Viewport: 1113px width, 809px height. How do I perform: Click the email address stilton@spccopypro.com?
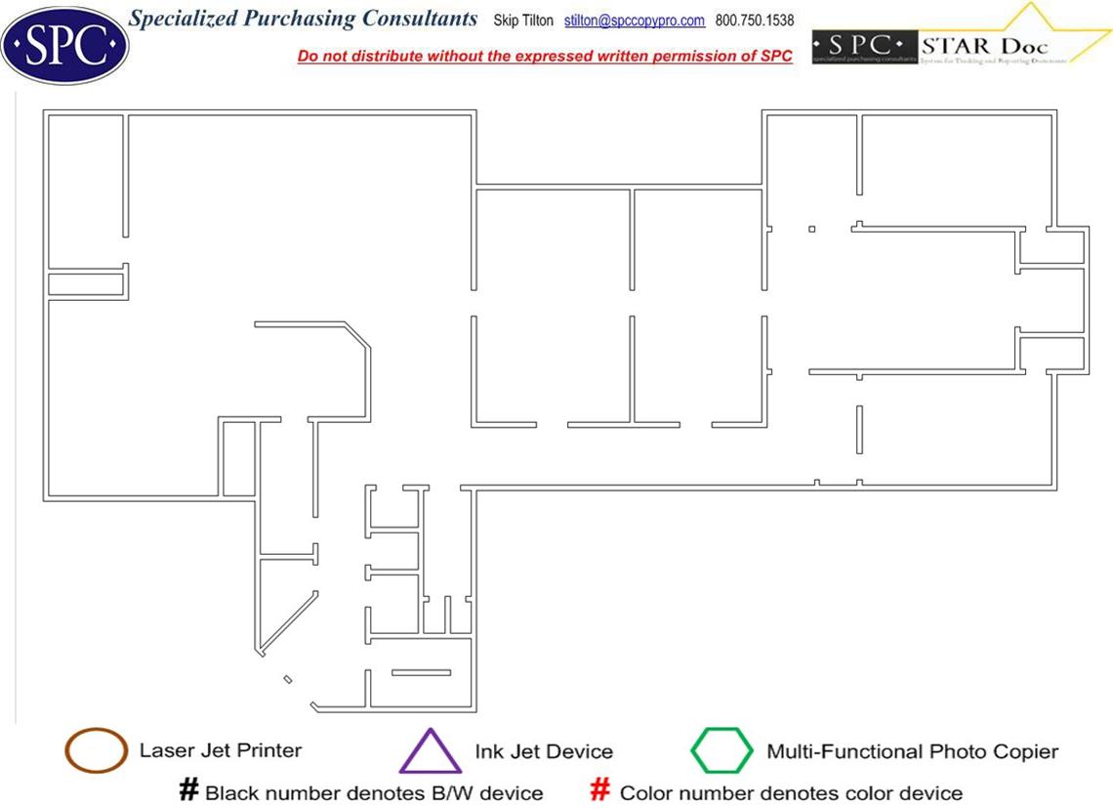(635, 21)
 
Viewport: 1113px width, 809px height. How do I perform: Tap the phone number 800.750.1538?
(755, 21)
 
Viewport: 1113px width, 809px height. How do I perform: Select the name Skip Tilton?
(523, 21)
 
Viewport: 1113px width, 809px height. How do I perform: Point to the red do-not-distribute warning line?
(545, 56)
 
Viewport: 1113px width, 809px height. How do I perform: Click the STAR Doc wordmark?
(984, 46)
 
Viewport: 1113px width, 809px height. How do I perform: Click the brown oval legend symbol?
(96, 750)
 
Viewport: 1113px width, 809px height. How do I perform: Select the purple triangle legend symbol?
(431, 752)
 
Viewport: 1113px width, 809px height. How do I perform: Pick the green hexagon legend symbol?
(722, 750)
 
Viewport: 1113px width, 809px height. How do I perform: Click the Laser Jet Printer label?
(221, 750)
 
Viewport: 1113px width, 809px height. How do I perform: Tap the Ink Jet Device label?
(544, 751)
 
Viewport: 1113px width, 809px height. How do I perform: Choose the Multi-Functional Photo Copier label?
(912, 751)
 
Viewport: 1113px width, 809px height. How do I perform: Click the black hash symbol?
(189, 789)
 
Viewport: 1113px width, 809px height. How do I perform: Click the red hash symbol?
(601, 789)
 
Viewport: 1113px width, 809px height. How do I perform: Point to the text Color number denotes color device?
(791, 792)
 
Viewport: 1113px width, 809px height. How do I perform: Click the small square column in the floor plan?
(811, 230)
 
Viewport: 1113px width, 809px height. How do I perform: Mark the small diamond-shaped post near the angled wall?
(288, 679)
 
